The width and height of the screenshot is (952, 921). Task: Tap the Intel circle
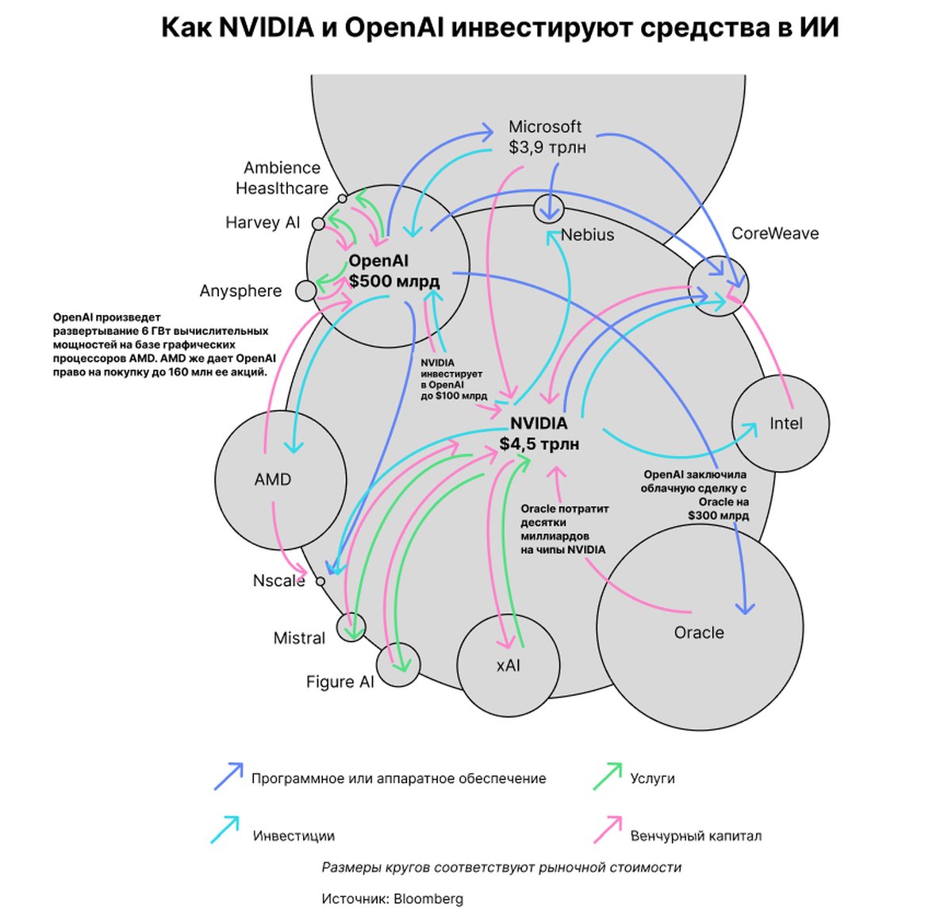pos(780,423)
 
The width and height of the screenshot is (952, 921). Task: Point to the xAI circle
pos(508,665)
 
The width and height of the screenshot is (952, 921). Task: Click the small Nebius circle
pos(548,208)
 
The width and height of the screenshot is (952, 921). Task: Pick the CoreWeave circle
pos(718,286)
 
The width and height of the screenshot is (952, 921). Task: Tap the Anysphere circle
pos(305,291)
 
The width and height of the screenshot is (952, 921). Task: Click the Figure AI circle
pos(397,665)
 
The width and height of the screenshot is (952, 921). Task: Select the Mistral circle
pos(351,627)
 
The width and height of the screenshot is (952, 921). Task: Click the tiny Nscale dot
pos(321,581)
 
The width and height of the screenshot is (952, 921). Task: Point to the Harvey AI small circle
pos(318,224)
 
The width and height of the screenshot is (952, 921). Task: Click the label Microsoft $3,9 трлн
pos(546,136)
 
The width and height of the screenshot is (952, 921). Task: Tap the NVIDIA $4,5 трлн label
pos(539,434)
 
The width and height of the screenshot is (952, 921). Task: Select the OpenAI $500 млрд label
pos(393,271)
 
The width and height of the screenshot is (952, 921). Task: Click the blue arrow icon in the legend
pos(228,777)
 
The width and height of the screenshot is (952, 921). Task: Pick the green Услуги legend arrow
pos(608,777)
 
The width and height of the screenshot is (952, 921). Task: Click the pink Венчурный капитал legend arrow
pos(608,830)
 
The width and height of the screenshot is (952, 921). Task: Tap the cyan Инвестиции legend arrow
pos(226,830)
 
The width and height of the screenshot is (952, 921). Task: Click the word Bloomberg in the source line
pos(428,899)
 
